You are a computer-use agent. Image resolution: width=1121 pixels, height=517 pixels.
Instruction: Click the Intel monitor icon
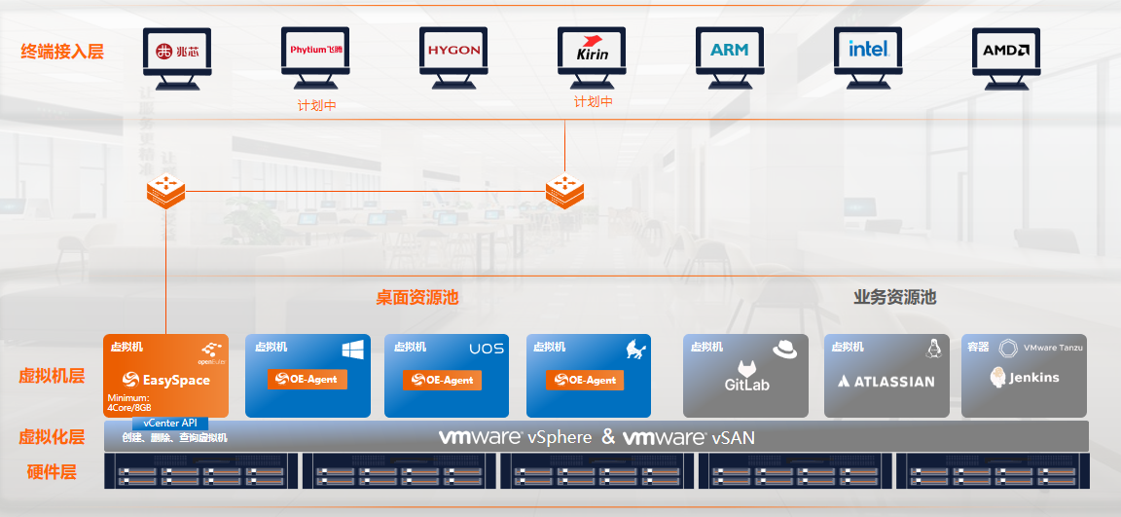[x=868, y=50]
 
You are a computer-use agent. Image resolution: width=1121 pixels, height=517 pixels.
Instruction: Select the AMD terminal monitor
[x=1006, y=50]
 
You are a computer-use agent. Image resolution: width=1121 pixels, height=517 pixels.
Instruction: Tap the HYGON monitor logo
[x=453, y=50]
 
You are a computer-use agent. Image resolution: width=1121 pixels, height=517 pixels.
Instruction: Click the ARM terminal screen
[x=730, y=50]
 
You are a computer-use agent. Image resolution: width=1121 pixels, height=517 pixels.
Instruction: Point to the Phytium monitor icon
[x=315, y=50]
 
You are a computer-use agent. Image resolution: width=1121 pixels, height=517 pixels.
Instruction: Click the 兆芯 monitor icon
[x=177, y=51]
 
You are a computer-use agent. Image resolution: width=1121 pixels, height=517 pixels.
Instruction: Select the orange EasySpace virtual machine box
[x=166, y=376]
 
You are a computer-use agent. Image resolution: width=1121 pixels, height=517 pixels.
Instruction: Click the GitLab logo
[x=746, y=375]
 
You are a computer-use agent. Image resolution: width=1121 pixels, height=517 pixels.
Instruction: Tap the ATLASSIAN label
[x=886, y=382]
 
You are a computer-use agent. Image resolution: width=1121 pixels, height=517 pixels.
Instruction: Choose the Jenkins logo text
[x=1025, y=378]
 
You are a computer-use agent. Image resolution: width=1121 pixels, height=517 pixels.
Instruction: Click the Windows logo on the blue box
[x=351, y=349]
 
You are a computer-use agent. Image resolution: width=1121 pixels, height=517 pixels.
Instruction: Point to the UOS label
[x=487, y=349]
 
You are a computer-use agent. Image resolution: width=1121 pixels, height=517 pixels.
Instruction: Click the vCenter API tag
[x=170, y=423]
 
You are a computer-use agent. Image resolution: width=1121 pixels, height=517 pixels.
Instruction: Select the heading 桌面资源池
[x=416, y=298]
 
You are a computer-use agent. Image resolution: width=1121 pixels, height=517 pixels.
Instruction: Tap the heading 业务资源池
[x=894, y=297]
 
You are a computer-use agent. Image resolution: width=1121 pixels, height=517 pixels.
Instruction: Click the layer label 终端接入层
[x=62, y=52]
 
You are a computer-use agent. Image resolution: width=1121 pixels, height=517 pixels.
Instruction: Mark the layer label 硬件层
[x=52, y=473]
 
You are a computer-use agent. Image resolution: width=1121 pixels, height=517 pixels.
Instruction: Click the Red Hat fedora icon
[x=785, y=349]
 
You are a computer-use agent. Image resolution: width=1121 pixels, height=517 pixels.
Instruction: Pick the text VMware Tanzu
[x=1053, y=347]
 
